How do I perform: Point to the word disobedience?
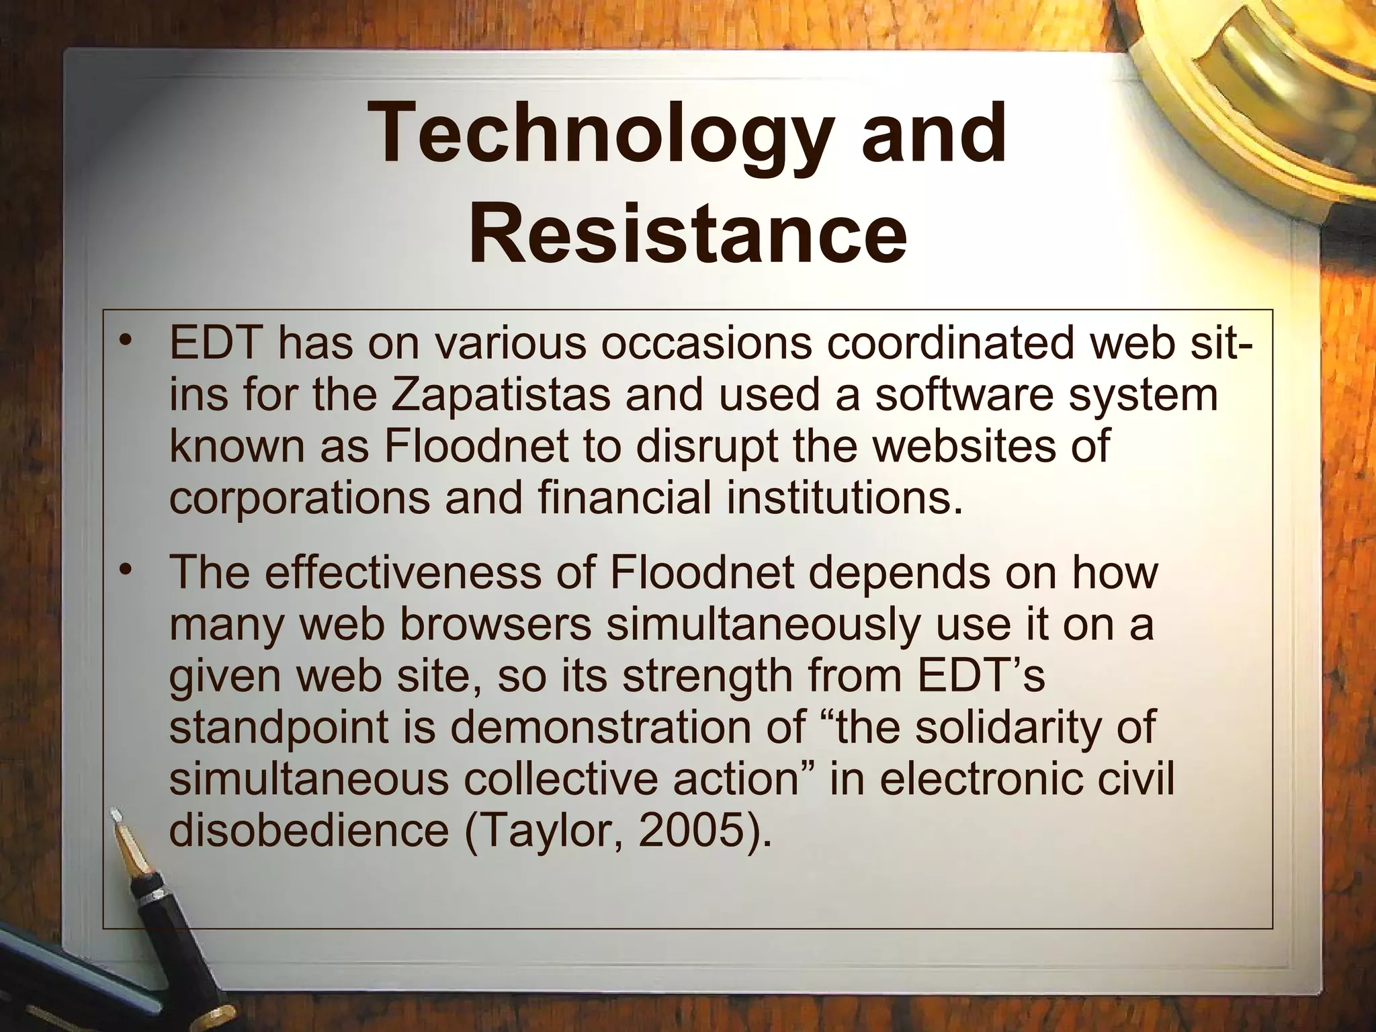pyautogui.click(x=308, y=831)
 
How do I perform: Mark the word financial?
pyautogui.click(x=625, y=498)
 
